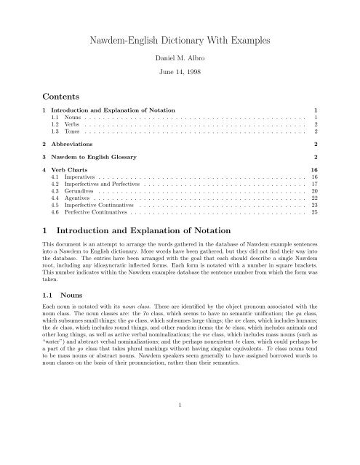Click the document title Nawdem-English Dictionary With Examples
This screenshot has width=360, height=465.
coord(180,43)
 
